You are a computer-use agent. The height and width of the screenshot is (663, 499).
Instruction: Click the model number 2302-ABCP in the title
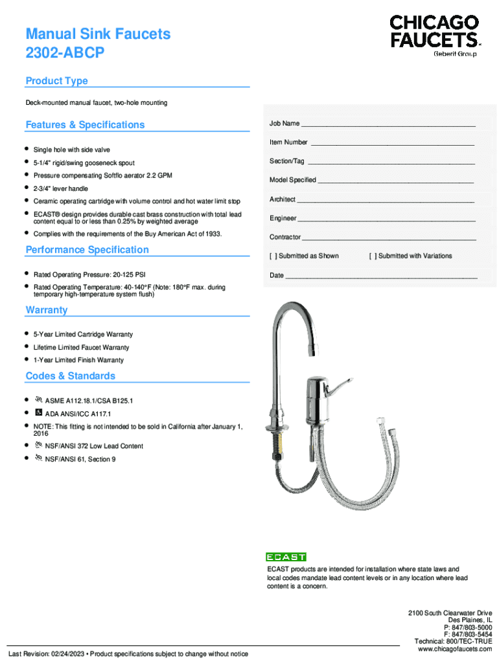64,54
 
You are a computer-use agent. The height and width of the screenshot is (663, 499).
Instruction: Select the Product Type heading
56,81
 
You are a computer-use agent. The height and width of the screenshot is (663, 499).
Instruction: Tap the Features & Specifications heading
85,125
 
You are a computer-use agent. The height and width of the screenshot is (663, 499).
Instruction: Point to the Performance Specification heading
87,250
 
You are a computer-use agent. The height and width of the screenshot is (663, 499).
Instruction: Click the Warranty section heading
46,310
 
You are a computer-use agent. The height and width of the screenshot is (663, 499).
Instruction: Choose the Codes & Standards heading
70,376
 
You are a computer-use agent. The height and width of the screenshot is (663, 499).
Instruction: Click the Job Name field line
389,124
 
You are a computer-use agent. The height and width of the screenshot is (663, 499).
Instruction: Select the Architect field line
386,201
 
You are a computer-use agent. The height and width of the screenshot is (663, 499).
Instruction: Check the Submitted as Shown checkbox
273,256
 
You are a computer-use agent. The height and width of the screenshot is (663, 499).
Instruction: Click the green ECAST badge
286,557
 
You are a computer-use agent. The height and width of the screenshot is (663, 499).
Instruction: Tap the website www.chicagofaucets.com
454,649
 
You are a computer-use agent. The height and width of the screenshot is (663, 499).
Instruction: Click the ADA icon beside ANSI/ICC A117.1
38,412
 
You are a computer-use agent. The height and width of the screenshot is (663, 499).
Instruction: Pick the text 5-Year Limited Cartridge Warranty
83,335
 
